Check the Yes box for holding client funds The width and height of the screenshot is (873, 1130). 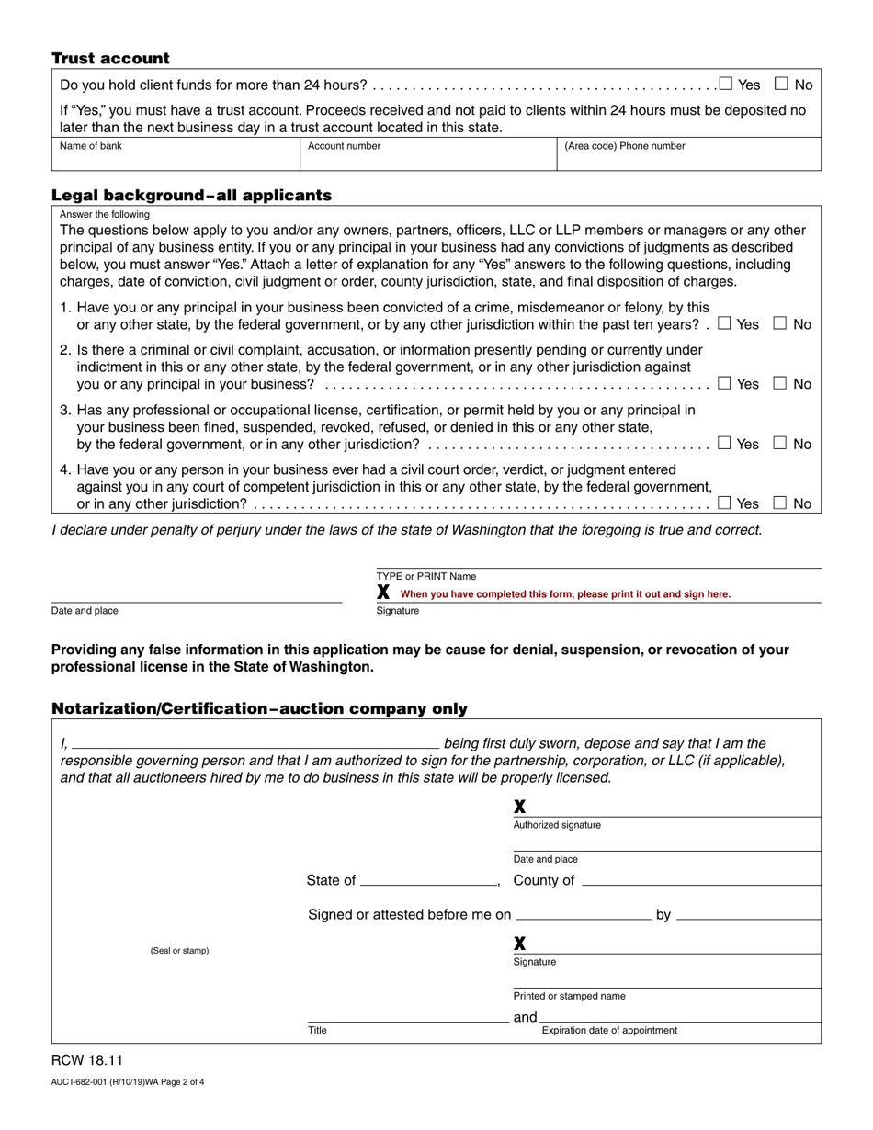[726, 85]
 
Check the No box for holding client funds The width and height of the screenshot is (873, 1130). [781, 85]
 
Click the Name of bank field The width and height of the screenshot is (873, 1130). [176, 159]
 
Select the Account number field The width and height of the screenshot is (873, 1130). [427, 159]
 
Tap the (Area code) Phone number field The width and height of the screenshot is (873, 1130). [688, 159]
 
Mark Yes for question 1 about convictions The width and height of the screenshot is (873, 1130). [724, 323]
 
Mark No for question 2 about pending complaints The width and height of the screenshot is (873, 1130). [780, 383]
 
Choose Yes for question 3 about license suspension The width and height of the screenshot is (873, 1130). [724, 444]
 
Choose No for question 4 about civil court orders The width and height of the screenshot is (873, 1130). [780, 503]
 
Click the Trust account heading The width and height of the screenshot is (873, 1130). [110, 59]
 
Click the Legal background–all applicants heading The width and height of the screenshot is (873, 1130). [191, 196]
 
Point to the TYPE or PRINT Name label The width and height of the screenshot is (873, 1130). [426, 577]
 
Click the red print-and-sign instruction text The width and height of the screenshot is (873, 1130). [565, 594]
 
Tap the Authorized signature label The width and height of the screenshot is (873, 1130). [557, 825]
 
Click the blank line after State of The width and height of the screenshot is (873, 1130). [428, 880]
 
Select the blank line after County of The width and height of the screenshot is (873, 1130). [700, 880]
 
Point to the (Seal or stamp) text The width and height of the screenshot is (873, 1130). [179, 951]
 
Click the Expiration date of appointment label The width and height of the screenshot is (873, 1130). [609, 1030]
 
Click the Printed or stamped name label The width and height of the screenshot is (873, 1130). [569, 996]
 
